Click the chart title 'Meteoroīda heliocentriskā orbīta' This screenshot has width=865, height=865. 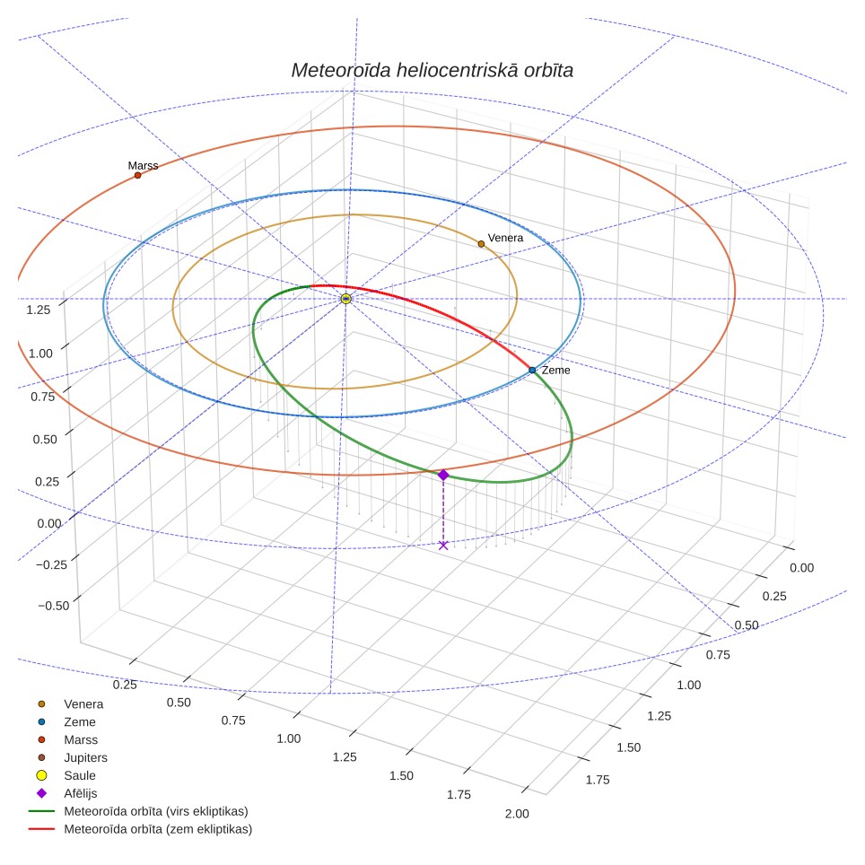click(432, 70)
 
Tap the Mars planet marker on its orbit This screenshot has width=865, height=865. click(138, 176)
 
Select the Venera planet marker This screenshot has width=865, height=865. click(481, 244)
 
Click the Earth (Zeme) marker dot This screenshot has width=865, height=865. click(532, 371)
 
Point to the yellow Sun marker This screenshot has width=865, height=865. click(345, 299)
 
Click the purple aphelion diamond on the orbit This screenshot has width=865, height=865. click(443, 475)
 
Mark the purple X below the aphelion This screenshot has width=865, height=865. click(443, 545)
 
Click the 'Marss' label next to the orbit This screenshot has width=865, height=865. click(143, 165)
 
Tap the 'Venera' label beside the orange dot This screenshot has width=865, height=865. click(505, 238)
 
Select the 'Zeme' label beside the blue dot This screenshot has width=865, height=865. click(555, 371)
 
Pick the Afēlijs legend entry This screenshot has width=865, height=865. click(66, 793)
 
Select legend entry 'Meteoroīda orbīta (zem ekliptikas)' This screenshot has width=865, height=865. click(141, 829)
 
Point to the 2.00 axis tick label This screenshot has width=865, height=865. click(517, 814)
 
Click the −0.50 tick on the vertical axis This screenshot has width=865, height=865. click(54, 606)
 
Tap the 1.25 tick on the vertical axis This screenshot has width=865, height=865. click(39, 310)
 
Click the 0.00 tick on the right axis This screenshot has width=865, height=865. click(801, 568)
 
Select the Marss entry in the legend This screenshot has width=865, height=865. click(67, 739)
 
